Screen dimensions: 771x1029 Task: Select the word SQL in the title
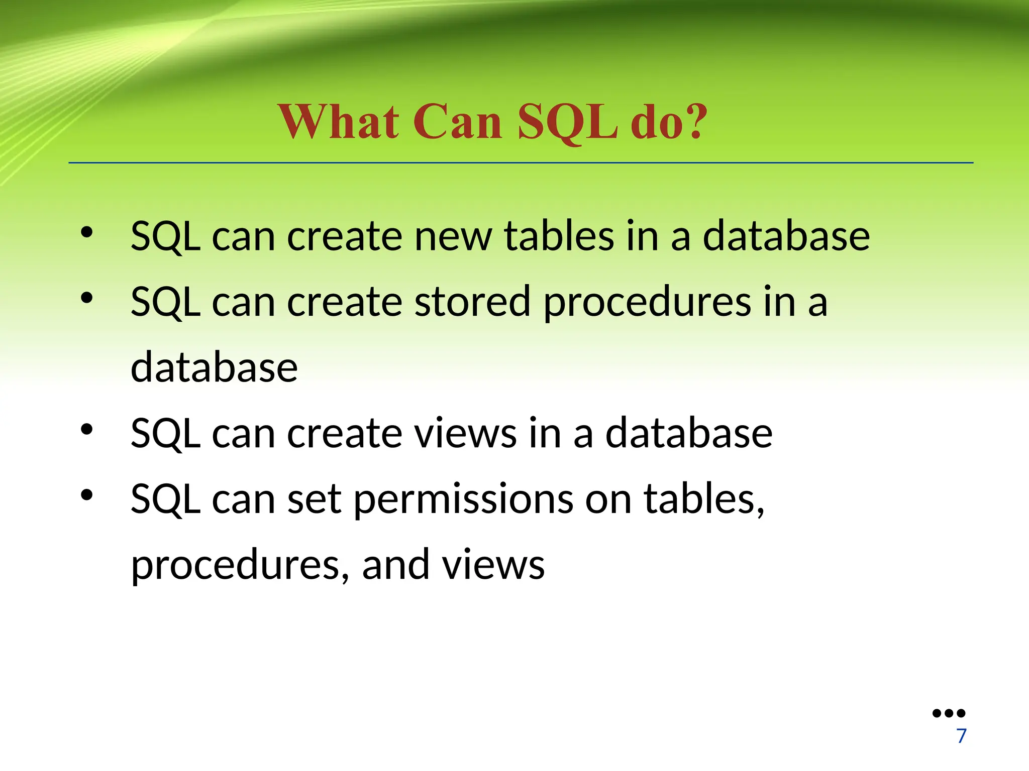click(x=568, y=123)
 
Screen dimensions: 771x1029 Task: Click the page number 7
click(x=961, y=736)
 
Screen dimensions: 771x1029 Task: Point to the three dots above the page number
click(x=949, y=713)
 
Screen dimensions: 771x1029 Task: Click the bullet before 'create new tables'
click(x=87, y=232)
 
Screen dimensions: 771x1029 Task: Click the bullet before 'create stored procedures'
click(x=87, y=298)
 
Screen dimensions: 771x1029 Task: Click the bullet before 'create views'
click(x=87, y=430)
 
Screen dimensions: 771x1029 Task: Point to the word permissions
click(x=463, y=501)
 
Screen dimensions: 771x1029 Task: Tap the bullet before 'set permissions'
click(x=87, y=495)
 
